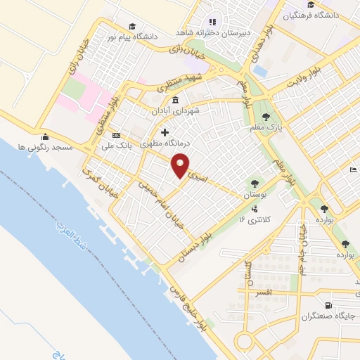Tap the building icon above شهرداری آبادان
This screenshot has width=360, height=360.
coord(174,100)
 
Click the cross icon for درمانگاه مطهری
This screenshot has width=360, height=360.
coord(165,131)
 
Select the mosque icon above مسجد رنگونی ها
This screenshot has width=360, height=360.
coord(46,136)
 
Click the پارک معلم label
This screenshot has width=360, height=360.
coord(264,127)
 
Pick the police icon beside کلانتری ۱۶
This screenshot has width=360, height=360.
coord(254,209)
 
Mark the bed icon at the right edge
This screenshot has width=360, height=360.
coord(353,170)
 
